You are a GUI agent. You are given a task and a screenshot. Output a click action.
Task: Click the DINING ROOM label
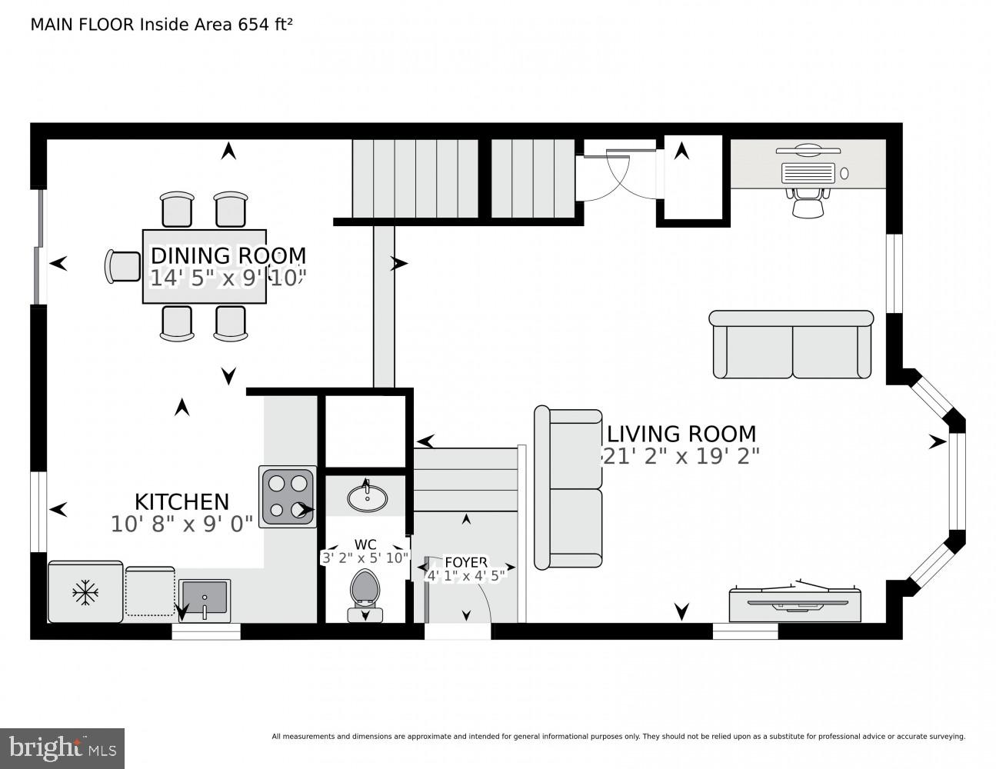pos(228,255)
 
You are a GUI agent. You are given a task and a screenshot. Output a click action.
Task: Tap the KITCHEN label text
pos(182,502)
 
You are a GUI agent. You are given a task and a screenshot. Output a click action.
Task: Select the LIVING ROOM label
pos(681,434)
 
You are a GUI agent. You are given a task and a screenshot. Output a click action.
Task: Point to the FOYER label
pos(465,562)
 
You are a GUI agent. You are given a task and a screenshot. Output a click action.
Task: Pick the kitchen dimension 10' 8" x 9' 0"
pos(182,524)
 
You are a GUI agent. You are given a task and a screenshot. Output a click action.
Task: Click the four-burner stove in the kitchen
pos(288,496)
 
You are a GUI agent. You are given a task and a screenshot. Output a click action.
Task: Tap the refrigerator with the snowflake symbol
pos(85,591)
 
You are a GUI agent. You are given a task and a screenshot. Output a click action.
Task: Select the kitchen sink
pos(205,598)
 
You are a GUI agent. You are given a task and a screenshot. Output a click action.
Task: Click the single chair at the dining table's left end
pos(122,266)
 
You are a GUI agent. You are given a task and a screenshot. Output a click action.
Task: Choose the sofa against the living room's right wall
pos(791,345)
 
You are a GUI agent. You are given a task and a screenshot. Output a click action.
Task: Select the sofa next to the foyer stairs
pos(568,489)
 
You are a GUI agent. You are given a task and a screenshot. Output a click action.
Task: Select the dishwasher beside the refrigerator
pos(150,591)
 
